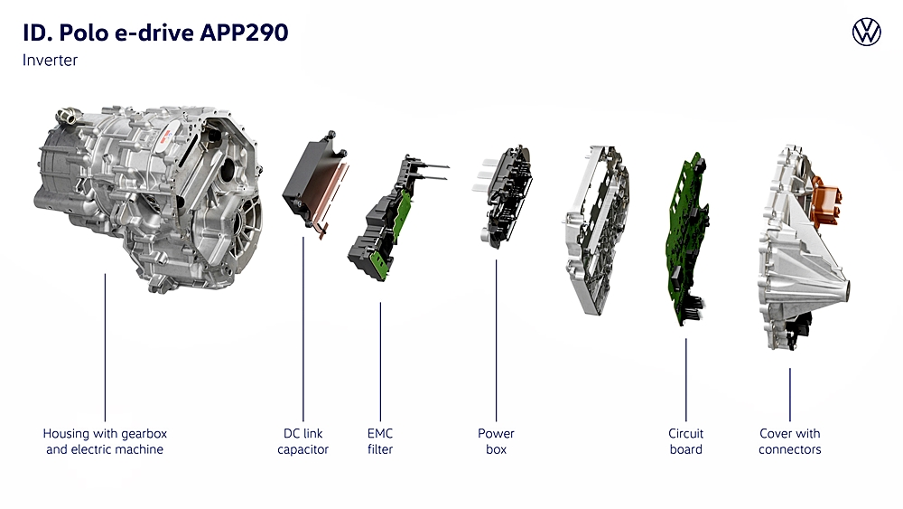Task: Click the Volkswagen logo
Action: (866, 32)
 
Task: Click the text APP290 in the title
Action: (244, 33)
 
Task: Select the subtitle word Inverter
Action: (50, 60)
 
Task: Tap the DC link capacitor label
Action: (303, 441)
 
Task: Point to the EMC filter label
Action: (380, 441)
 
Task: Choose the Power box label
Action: (496, 441)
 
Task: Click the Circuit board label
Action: (686, 441)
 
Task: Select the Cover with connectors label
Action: (789, 441)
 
